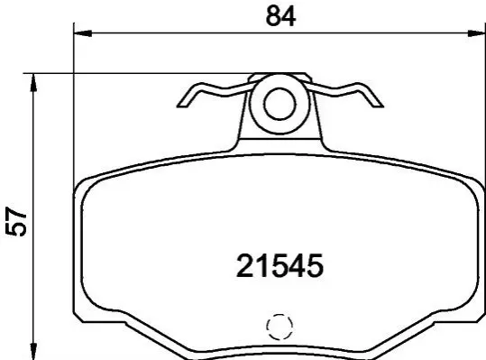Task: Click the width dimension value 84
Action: (x=280, y=16)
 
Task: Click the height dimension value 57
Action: (x=16, y=222)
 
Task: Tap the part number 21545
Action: (x=280, y=266)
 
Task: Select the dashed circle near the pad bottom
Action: (x=280, y=327)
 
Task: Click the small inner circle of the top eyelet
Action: (x=280, y=104)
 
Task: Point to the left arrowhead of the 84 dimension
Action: (x=83, y=33)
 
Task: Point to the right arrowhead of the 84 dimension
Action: (x=476, y=33)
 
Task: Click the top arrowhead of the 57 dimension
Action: (x=33, y=83)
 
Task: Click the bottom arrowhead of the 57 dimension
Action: (x=33, y=351)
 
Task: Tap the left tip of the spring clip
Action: (x=178, y=106)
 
